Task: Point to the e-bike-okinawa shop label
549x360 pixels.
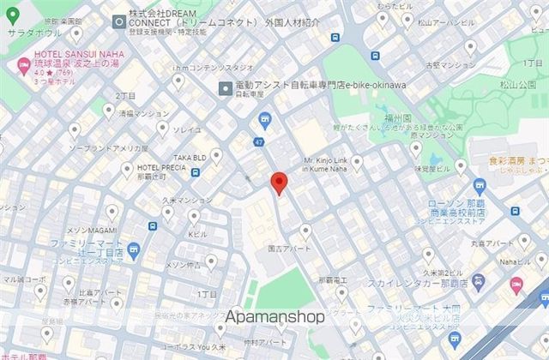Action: (324, 87)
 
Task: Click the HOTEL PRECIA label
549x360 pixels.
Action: (160, 167)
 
